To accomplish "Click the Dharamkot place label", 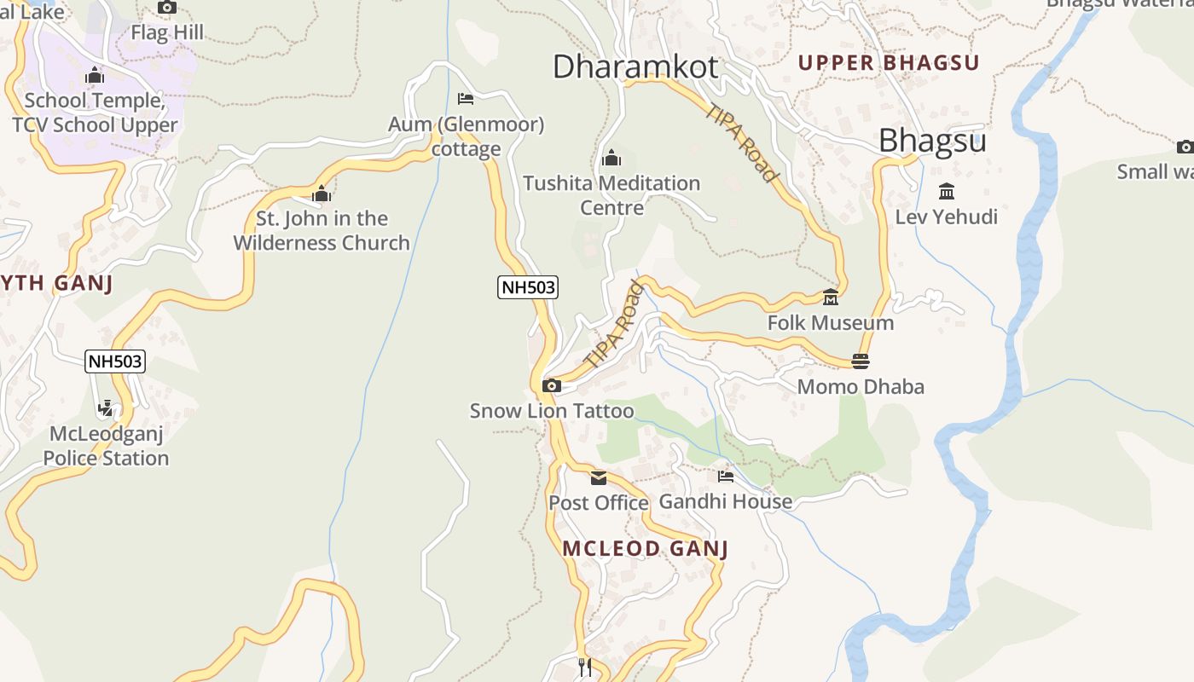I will coord(635,66).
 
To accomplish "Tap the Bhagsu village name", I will coord(932,141).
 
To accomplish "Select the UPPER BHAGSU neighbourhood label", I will coord(889,62).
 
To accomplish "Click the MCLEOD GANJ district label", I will coord(646,548).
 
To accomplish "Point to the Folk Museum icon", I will coord(831,298).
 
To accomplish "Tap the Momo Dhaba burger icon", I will coord(861,361).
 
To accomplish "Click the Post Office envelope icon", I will coord(599,478).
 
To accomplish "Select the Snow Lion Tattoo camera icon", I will coord(552,386).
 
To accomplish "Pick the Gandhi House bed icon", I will coord(726,477).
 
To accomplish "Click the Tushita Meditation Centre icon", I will coord(611,159).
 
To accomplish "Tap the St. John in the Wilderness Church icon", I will coord(322,194).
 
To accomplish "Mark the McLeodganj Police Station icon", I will coord(106,408).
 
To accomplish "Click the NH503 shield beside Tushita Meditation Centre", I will coord(528,287).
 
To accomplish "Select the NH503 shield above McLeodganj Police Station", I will coord(116,361).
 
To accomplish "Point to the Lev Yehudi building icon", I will coord(946,192).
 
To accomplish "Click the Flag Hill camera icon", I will coord(167,8).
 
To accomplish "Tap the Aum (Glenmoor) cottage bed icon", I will coord(466,99).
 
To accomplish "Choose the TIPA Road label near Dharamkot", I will coord(742,142).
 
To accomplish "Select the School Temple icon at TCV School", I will coord(95,76).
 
